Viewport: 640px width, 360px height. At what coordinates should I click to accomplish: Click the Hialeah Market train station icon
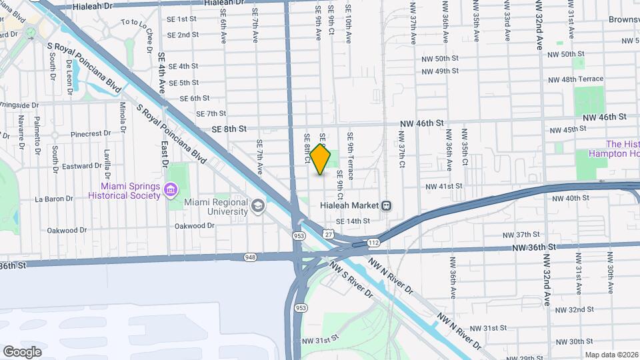tap(387, 205)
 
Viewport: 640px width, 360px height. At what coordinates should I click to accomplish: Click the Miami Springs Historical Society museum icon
tap(171, 191)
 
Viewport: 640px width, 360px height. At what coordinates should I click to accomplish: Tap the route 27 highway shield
tap(327, 233)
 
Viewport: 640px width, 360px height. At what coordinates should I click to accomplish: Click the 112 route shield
tap(375, 243)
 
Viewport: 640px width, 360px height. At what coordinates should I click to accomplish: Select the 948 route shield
tap(250, 256)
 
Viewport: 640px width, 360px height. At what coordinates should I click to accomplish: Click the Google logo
tap(23, 351)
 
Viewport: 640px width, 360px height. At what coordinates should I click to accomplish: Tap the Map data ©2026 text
tap(611, 355)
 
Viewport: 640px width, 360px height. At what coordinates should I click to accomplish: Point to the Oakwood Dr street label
tap(194, 226)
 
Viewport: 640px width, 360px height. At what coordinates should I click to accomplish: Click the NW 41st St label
tap(443, 186)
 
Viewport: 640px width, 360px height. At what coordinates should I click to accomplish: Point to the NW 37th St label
tap(521, 235)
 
